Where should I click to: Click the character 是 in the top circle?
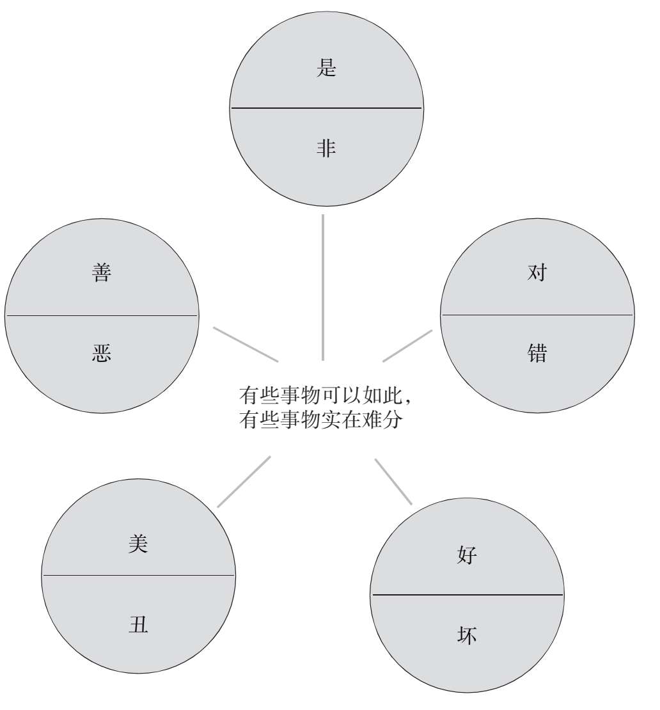[326, 67]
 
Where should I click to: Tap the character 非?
[326, 148]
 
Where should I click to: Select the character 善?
[102, 272]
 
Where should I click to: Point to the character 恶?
[102, 353]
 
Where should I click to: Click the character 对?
[537, 272]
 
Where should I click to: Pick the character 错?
[537, 353]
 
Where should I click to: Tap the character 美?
[138, 544]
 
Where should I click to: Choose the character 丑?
[138, 624]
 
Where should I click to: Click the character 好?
[467, 555]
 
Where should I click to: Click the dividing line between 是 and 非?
[326, 108]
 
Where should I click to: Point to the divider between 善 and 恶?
[102, 315]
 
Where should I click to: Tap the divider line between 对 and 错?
[537, 315]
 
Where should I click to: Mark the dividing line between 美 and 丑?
[138, 575]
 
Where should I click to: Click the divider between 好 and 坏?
[467, 595]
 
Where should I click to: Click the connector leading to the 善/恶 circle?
[246, 344]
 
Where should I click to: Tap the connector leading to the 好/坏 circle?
[393, 481]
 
